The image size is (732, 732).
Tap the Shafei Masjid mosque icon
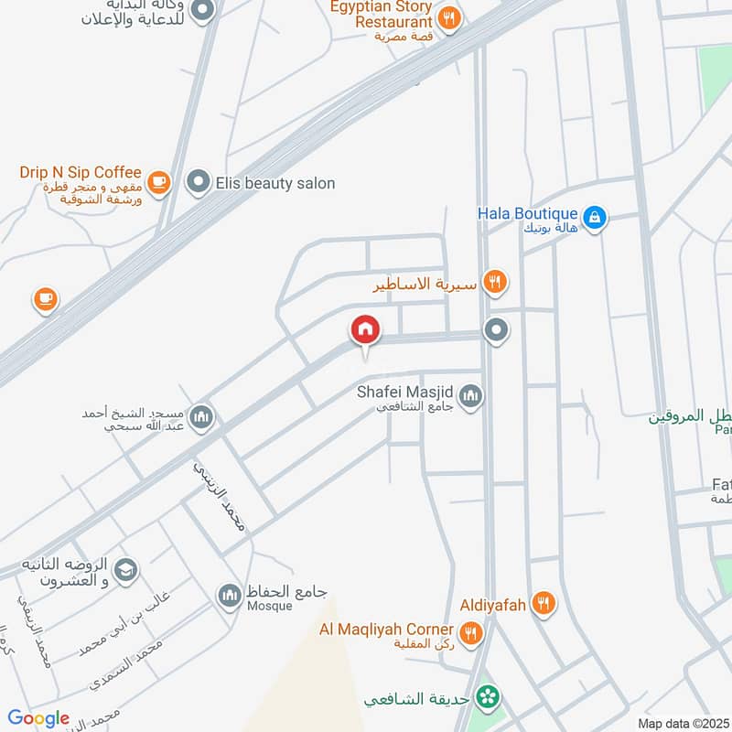(471, 396)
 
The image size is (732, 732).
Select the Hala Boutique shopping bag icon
(595, 217)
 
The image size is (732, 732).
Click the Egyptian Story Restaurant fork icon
(449, 17)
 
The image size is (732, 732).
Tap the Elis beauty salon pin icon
(198, 183)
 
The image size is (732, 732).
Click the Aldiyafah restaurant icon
(544, 602)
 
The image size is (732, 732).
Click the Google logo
(38, 718)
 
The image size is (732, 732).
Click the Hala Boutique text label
(527, 213)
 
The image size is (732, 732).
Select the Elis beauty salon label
(274, 183)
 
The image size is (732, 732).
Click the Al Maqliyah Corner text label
(385, 629)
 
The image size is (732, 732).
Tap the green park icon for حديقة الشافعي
(490, 698)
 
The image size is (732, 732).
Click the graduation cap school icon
(125, 570)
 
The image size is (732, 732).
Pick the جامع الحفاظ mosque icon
(228, 597)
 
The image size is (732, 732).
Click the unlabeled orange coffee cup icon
(45, 298)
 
